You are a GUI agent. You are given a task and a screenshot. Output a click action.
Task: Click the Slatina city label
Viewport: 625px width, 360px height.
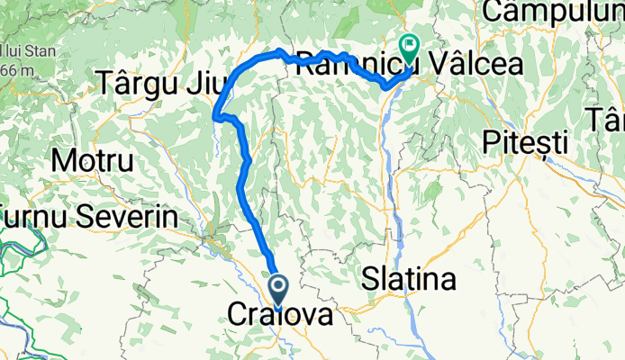tap(408, 280)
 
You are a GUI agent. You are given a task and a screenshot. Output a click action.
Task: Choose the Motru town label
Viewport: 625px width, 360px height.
tap(94, 162)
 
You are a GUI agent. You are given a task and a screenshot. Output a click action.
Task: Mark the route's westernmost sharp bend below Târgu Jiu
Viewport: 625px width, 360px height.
tap(215, 115)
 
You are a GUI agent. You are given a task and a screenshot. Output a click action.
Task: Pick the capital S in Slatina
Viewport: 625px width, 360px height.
tap(371, 280)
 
